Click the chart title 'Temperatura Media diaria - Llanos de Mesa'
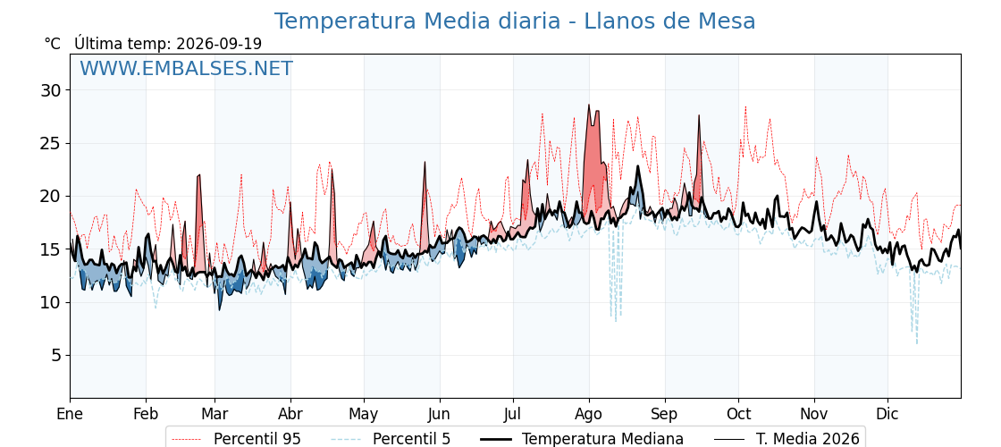click(x=515, y=21)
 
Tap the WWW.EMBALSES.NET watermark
click(x=187, y=68)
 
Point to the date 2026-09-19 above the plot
click(x=219, y=44)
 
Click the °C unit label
click(x=53, y=44)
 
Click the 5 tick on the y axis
click(x=57, y=355)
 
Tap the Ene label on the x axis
click(x=70, y=415)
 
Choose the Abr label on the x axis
click(x=290, y=415)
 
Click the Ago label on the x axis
click(x=589, y=415)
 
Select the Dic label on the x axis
click(x=887, y=415)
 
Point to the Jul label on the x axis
click(x=513, y=415)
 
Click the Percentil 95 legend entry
click(x=235, y=439)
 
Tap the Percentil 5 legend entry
click(x=391, y=439)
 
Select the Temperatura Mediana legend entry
click(x=580, y=439)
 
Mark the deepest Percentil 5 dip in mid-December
click(x=917, y=343)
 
